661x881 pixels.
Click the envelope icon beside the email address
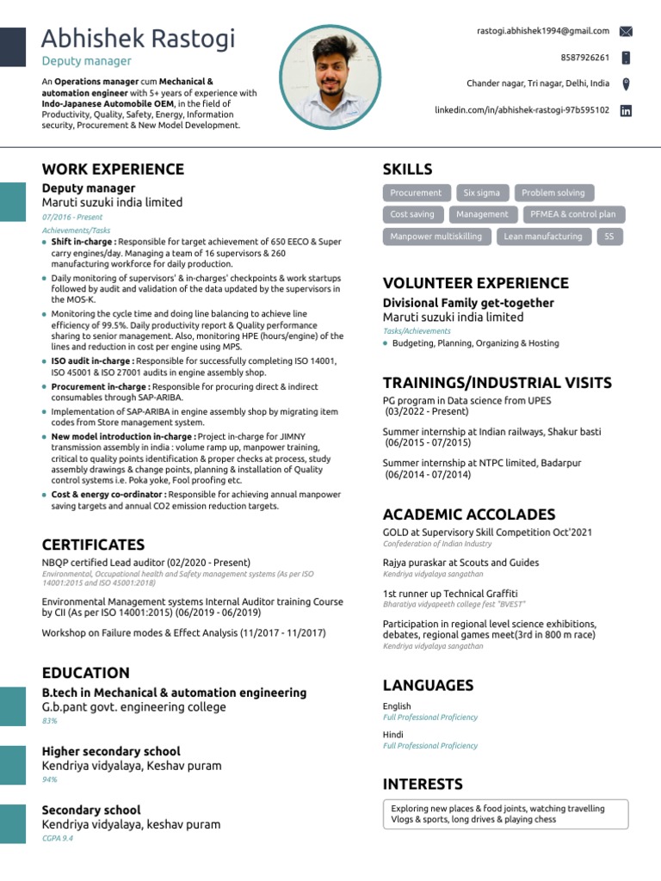(x=626, y=31)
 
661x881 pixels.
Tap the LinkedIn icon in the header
(x=626, y=110)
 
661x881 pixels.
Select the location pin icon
(x=626, y=83)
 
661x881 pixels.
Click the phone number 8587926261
(x=584, y=58)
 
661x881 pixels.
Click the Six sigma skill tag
(x=481, y=193)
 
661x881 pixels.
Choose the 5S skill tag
(x=608, y=237)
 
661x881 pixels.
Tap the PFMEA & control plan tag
(x=572, y=214)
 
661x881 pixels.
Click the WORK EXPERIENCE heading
(x=113, y=169)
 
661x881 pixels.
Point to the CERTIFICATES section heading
(x=93, y=545)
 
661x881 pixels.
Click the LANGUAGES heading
(x=428, y=685)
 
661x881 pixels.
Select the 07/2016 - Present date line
(x=72, y=218)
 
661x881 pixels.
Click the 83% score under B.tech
(x=49, y=721)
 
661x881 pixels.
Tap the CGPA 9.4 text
(x=58, y=838)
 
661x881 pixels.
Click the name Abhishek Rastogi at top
(x=138, y=39)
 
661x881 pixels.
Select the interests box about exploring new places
(x=505, y=814)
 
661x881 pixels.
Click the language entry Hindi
(x=393, y=735)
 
